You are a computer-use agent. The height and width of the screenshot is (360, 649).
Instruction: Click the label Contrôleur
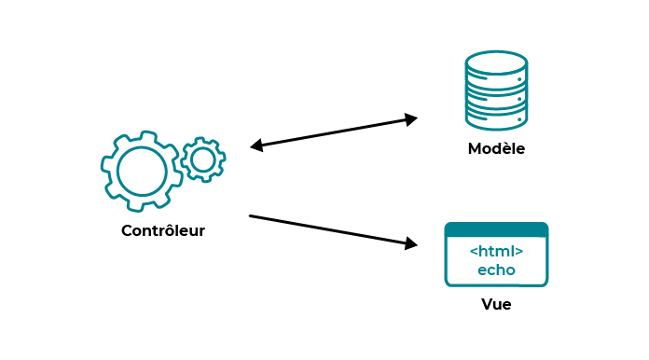pos(163,231)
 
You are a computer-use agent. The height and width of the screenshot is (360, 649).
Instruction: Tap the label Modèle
pos(496,149)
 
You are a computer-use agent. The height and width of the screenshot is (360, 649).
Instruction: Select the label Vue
pos(496,305)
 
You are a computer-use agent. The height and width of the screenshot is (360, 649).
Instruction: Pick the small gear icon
pos(202,159)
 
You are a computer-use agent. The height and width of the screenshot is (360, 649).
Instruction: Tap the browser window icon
pos(496,254)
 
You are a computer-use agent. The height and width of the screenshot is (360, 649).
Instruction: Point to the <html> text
pos(496,252)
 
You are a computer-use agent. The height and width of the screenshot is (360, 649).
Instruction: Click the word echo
pos(496,270)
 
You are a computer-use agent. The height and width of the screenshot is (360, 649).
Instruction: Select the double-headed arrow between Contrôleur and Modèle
pos(334,132)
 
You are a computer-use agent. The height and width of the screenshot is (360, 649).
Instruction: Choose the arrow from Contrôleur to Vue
pos(331,230)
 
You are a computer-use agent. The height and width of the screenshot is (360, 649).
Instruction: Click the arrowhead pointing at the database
pos(410,118)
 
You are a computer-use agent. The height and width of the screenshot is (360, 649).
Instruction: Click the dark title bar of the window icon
pos(496,229)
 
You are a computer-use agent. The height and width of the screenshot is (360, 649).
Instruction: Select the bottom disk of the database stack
pos(496,118)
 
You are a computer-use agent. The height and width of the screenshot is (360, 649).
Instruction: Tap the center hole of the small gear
pos(202,159)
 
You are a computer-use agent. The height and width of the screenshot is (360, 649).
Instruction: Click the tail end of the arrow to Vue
pos(252,216)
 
